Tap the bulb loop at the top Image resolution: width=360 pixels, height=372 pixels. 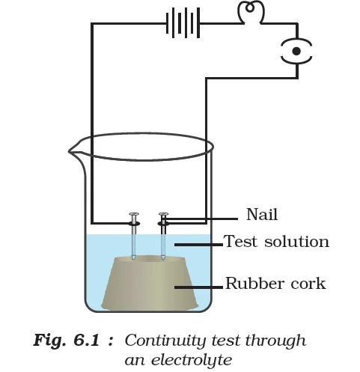[x=248, y=13]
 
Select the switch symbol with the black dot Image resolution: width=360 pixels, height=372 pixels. [x=296, y=51]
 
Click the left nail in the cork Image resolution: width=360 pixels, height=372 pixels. [x=134, y=236]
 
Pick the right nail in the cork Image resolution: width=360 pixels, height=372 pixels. [x=163, y=236]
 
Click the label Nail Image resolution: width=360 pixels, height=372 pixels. [x=261, y=216]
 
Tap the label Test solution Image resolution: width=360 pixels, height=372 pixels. [x=276, y=242]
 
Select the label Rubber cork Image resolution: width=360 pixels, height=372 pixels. [x=275, y=284]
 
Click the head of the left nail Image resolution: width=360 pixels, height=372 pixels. [x=134, y=214]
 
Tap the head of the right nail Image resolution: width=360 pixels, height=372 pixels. [x=163, y=214]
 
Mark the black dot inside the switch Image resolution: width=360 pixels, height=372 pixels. [x=296, y=51]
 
